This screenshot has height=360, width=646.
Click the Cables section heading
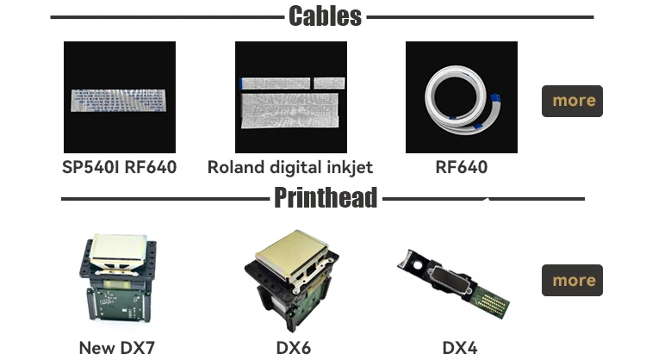coord(325,16)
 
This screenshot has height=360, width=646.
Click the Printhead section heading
coord(326,198)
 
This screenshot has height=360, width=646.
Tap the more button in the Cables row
coord(572,101)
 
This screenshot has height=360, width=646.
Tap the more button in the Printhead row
coord(572,281)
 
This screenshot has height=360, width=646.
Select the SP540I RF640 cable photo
coord(119,97)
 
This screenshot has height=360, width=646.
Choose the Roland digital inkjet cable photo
coord(290,97)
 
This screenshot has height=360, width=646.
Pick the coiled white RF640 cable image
coord(461,97)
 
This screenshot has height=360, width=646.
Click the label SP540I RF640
coord(119,167)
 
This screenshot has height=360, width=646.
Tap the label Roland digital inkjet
coord(290,167)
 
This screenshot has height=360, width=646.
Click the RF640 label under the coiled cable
coord(461,167)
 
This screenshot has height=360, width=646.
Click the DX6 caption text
coord(293,348)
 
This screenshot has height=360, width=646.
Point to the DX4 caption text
coord(459,348)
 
